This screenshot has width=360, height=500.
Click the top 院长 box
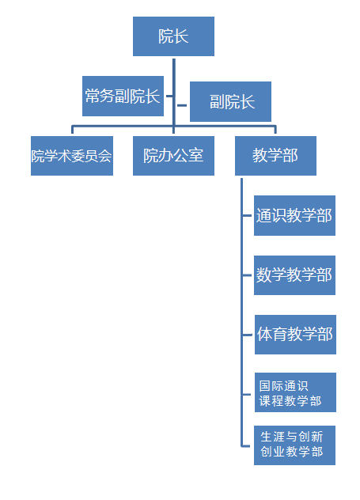[173, 36]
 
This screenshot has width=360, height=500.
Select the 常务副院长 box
[123, 96]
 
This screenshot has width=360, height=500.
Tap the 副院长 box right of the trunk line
[230, 102]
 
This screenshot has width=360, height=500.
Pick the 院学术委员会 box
[72, 156]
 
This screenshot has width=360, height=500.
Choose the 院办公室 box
[173, 156]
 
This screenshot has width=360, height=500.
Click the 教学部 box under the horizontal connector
[275, 156]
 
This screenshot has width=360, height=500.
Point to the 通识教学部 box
[294, 215]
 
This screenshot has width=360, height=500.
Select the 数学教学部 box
[294, 275]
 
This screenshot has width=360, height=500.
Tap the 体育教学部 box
[295, 335]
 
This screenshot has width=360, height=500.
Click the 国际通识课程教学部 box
[295, 392]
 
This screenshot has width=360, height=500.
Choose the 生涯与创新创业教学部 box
[294, 445]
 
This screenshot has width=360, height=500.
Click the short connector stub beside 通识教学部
[247, 215]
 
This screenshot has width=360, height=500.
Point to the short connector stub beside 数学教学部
[247, 275]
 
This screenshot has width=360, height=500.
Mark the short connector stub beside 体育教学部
[247, 335]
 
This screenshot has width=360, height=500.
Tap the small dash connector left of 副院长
[182, 105]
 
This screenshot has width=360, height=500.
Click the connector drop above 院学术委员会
[72, 130]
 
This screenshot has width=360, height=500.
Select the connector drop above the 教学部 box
[275, 130]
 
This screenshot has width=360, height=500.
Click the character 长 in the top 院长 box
[181, 36]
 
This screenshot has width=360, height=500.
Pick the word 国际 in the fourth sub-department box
[270, 386]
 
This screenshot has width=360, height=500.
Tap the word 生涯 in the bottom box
[271, 437]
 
